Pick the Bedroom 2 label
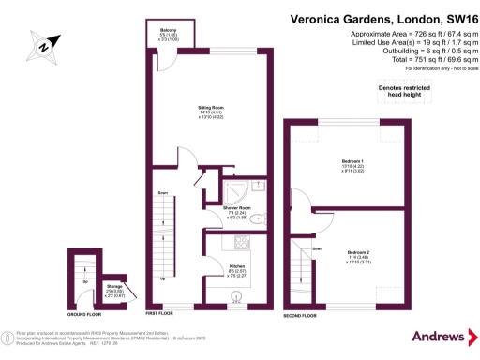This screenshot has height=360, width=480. [x=359, y=253]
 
